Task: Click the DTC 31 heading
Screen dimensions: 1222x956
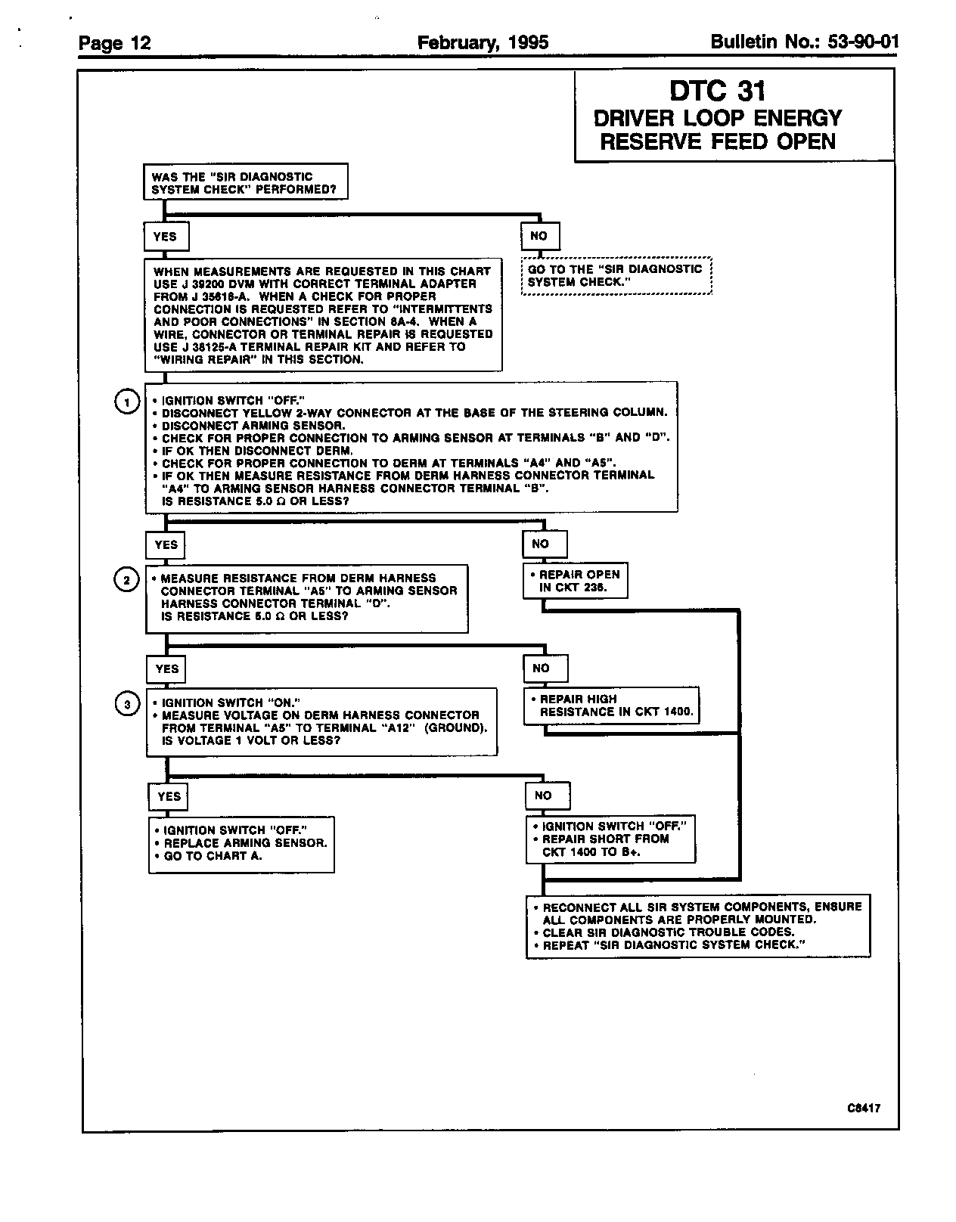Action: click(717, 91)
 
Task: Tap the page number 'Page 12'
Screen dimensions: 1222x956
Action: click(115, 43)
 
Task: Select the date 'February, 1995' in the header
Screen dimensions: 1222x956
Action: click(483, 42)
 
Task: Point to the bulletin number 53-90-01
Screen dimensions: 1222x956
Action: click(804, 42)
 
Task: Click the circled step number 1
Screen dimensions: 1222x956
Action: click(127, 402)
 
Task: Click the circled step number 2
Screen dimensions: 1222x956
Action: click(126, 580)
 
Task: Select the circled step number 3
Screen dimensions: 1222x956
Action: click(127, 705)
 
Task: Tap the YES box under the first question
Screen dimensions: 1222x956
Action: click(166, 237)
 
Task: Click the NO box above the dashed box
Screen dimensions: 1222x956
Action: click(539, 236)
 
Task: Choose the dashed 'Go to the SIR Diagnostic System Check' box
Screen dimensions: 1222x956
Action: click(616, 276)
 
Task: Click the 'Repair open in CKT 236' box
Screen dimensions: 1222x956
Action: click(576, 581)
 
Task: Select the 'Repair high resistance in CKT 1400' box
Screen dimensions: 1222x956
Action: click(611, 706)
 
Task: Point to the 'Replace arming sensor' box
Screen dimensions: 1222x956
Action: click(241, 844)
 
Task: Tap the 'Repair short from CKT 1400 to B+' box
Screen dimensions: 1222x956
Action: click(610, 839)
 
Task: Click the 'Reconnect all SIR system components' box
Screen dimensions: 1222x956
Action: click(697, 926)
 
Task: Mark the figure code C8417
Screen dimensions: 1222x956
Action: click(864, 1109)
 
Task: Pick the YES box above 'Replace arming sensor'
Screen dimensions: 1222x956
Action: click(169, 796)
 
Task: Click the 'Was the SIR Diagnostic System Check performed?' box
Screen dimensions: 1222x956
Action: click(245, 182)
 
